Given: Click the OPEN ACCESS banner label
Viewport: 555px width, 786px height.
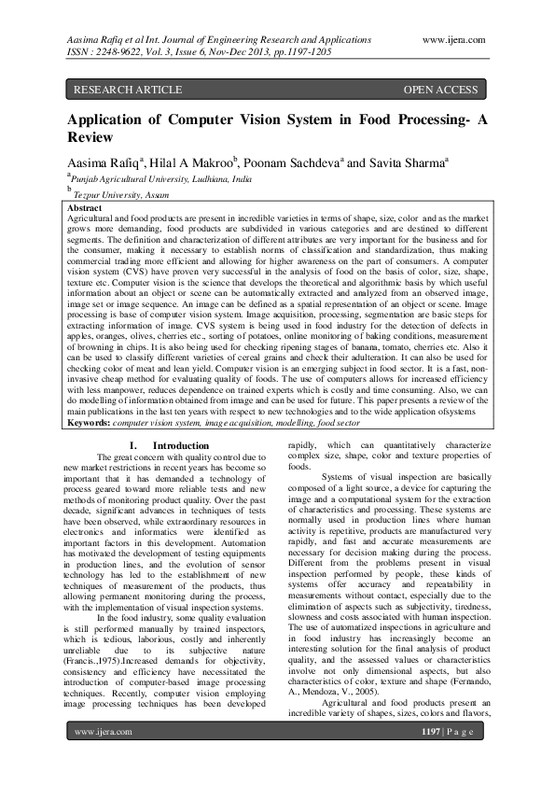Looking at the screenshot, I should point(441,91).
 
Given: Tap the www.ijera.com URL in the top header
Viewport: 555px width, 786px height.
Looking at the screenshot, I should point(453,40).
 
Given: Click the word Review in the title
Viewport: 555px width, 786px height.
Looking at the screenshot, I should point(89,136).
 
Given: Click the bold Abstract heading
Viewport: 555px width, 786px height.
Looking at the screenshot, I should point(86,207).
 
